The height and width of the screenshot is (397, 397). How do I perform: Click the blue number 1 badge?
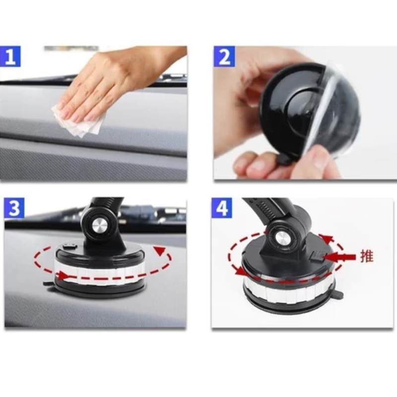[x=10, y=57]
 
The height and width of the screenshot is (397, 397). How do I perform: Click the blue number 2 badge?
[x=224, y=57]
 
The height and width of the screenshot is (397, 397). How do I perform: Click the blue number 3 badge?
[x=14, y=207]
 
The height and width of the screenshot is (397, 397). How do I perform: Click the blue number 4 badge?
[x=222, y=207]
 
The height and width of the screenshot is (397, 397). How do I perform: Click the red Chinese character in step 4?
[x=367, y=257]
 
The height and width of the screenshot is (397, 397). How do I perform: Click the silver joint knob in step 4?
[x=281, y=238]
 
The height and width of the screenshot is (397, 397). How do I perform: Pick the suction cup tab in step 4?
[x=338, y=294]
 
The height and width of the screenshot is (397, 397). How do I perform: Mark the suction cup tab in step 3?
[x=48, y=283]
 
